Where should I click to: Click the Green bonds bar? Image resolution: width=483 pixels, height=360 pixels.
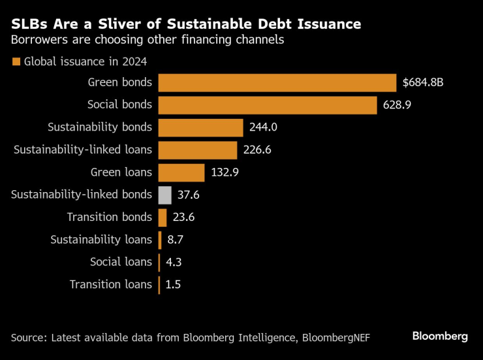(x=277, y=83)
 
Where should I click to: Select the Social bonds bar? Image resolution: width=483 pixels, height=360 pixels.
(x=268, y=105)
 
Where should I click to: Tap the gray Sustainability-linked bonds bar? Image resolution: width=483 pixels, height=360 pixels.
(x=165, y=195)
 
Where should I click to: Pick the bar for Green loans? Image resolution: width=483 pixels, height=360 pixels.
(x=181, y=172)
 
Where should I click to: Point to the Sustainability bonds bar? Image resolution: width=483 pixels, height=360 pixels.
(x=200, y=127)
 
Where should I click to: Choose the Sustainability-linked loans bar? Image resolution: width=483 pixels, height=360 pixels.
(x=198, y=150)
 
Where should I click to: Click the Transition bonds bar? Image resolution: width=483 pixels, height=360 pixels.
(x=163, y=217)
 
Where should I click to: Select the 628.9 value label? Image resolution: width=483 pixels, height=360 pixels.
(x=397, y=105)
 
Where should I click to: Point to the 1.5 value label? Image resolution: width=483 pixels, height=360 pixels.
(x=173, y=284)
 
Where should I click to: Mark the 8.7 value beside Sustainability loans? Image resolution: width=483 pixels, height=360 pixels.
(x=176, y=240)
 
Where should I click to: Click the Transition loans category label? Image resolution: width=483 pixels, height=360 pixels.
(x=110, y=284)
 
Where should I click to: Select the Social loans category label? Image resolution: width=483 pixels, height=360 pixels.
(x=121, y=262)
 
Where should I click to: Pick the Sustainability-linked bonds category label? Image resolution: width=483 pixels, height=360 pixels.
(x=82, y=195)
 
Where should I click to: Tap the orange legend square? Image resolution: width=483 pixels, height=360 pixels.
(x=15, y=62)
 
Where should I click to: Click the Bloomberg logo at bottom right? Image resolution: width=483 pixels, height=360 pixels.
(x=440, y=336)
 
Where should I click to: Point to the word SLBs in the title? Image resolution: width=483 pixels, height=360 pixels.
(x=29, y=24)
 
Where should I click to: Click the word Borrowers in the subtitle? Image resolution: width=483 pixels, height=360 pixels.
(x=37, y=40)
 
